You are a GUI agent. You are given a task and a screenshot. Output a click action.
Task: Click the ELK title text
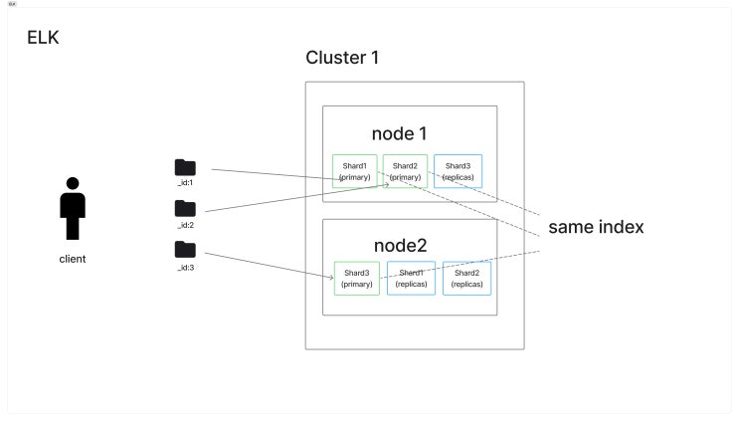[43, 38]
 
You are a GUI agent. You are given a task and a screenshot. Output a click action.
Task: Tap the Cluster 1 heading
[342, 58]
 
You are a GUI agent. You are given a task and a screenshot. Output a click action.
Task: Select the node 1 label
[399, 134]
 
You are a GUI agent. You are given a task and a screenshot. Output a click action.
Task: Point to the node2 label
[400, 246]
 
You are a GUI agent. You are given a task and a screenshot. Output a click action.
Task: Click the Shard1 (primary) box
[355, 171]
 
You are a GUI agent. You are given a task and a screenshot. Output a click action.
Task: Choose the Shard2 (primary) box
[406, 171]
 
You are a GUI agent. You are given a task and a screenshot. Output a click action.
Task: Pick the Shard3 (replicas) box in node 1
[459, 171]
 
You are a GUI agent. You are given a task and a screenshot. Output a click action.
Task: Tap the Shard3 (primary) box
[357, 278]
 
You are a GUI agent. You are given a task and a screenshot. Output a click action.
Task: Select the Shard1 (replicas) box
[411, 278]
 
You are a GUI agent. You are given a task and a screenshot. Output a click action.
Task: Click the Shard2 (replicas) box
[467, 278]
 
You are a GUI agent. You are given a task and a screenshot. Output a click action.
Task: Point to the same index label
[596, 227]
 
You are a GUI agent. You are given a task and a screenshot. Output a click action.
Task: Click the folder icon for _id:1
[185, 167]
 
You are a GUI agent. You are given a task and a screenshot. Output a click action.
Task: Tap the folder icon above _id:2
[185, 209]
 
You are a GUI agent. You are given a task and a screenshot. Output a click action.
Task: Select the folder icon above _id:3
[185, 250]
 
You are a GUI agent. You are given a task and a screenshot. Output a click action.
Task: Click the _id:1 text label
[185, 182]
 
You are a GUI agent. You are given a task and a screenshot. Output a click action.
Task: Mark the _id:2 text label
[185, 225]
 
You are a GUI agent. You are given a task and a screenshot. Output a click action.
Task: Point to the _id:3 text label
[186, 268]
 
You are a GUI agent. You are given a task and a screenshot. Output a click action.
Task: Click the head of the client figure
[73, 183]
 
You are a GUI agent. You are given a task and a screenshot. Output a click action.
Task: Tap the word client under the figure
[73, 259]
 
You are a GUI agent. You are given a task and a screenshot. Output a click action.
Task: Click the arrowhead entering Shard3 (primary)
[332, 278]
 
